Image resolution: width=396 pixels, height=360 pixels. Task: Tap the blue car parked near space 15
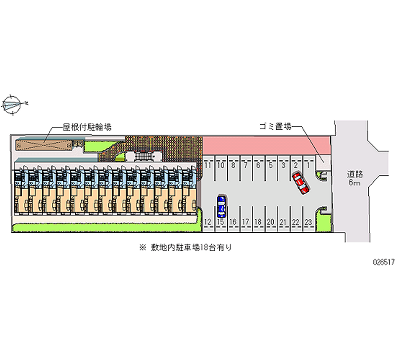pyautogui.click(x=221, y=206)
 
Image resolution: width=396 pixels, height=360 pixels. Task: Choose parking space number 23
pyautogui.click(x=308, y=222)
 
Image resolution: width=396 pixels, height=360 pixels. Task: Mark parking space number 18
pyautogui.click(x=258, y=222)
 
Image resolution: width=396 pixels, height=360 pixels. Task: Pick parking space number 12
pyautogui.click(x=208, y=222)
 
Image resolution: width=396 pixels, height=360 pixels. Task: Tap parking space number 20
pyautogui.click(x=270, y=222)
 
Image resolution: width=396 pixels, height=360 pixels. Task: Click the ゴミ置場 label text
pyautogui.click(x=275, y=127)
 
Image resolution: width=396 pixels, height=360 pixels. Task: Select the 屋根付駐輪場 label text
pyautogui.click(x=87, y=127)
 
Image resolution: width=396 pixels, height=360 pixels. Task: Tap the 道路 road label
pyautogui.click(x=355, y=174)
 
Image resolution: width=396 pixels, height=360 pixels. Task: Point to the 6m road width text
pyautogui.click(x=355, y=183)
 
